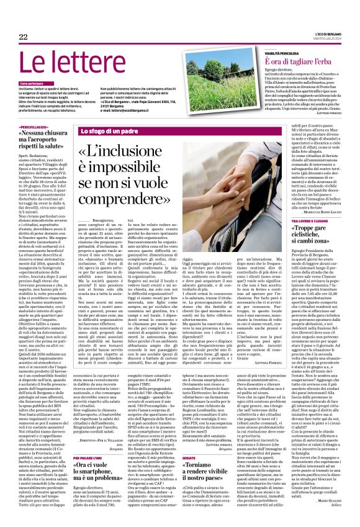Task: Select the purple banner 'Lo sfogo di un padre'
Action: [108, 132]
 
